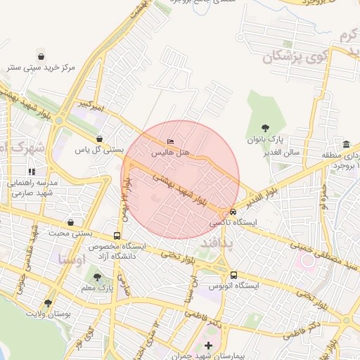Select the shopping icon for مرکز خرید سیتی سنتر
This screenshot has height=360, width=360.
41,56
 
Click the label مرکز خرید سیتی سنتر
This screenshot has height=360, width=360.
40,67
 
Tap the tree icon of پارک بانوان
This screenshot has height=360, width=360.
264,128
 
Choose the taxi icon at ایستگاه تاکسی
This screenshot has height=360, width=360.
233,212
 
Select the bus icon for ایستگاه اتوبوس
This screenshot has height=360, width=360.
233,275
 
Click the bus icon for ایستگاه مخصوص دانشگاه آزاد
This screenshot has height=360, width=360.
117,236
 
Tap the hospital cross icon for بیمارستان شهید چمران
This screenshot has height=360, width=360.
208,345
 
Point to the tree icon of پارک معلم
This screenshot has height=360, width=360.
97,277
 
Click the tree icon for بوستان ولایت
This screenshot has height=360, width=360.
48,303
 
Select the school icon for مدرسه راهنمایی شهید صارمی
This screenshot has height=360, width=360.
32,171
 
